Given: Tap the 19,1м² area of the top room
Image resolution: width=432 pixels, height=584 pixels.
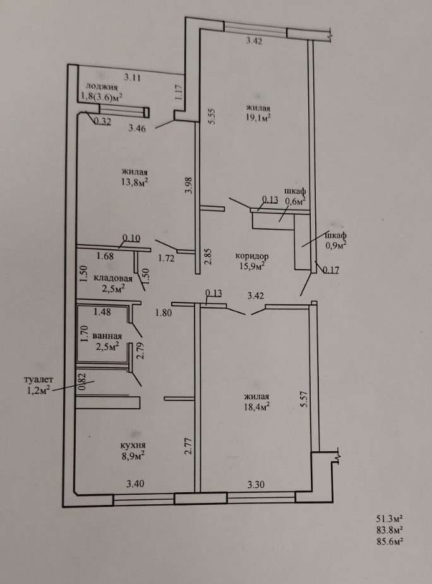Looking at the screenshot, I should pos(259,117).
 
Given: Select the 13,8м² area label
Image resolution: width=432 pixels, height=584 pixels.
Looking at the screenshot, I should pos(135,182).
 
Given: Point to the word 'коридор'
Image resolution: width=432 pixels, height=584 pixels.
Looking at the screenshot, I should pos(252,256).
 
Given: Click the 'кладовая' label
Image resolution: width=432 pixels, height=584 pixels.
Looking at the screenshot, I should pos(112,278).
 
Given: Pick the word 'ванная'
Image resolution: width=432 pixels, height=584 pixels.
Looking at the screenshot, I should pos(108,336).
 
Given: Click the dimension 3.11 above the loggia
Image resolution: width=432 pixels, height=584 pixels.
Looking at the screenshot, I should pos(132,77).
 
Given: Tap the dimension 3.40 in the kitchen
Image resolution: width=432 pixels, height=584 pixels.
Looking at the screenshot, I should pos(135,485).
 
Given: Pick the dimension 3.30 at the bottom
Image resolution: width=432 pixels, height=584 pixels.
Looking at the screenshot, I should pos(255,485).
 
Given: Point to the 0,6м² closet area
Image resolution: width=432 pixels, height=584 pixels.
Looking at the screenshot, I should pos(295,201).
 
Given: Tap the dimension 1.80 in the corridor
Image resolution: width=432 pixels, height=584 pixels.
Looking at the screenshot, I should pos(164,311).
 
